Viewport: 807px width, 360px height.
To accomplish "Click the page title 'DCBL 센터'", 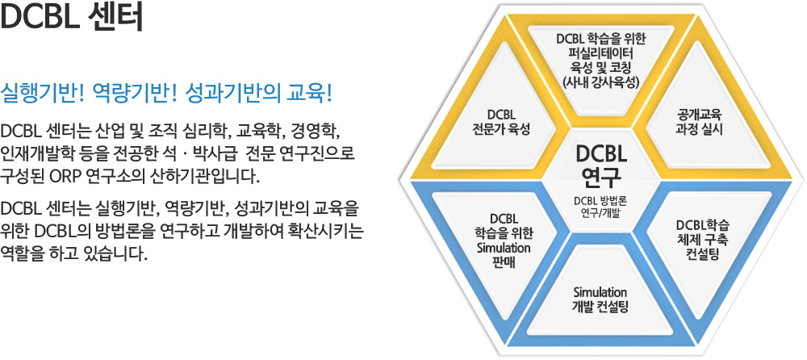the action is [x=72, y=19].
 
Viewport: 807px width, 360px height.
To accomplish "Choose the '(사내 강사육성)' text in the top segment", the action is [x=600, y=82].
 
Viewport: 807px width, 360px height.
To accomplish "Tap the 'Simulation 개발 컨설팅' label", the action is [x=600, y=299].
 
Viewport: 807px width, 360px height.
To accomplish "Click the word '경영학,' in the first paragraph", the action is [x=316, y=130].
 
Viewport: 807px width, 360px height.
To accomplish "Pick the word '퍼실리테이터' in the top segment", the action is [x=600, y=53].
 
